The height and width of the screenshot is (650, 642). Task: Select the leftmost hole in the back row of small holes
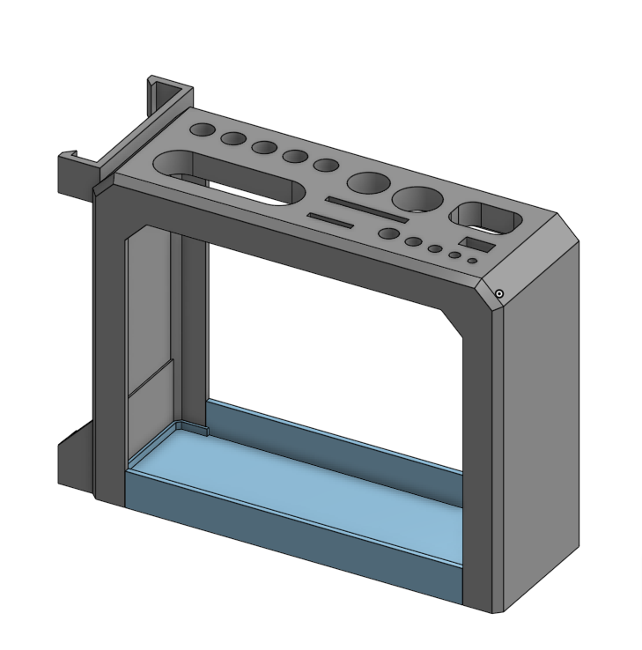203,130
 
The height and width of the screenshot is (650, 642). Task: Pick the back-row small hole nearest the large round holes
327,165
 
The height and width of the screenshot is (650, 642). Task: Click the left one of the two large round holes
369,184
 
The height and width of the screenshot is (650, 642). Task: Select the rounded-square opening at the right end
483,218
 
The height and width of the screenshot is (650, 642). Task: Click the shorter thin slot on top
331,219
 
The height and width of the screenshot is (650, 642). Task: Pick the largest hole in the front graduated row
387,233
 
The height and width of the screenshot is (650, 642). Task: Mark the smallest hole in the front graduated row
472,261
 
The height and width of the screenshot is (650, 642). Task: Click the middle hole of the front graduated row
434,248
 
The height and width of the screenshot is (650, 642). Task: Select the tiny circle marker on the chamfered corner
499,293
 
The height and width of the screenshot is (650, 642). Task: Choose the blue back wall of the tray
335,436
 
